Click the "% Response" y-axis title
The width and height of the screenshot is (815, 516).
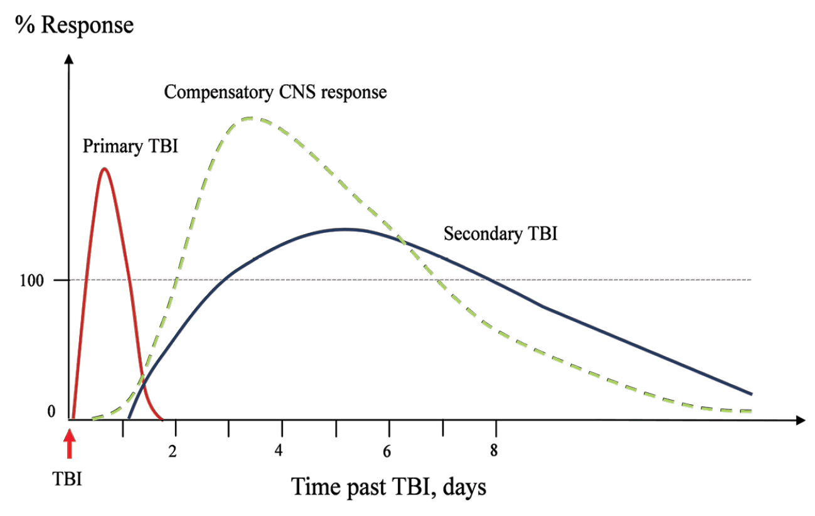point(75,26)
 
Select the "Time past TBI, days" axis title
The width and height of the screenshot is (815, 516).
point(388,487)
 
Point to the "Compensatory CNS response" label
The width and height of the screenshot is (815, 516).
point(275,92)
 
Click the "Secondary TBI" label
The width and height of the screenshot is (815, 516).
point(501,234)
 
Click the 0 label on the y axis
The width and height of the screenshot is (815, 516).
point(51,412)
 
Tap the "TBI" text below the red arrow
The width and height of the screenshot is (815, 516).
point(67,478)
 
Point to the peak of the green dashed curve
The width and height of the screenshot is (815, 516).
point(251,118)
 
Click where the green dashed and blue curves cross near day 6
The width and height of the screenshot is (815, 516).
point(402,240)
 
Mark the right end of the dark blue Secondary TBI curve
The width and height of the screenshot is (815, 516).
point(751,394)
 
